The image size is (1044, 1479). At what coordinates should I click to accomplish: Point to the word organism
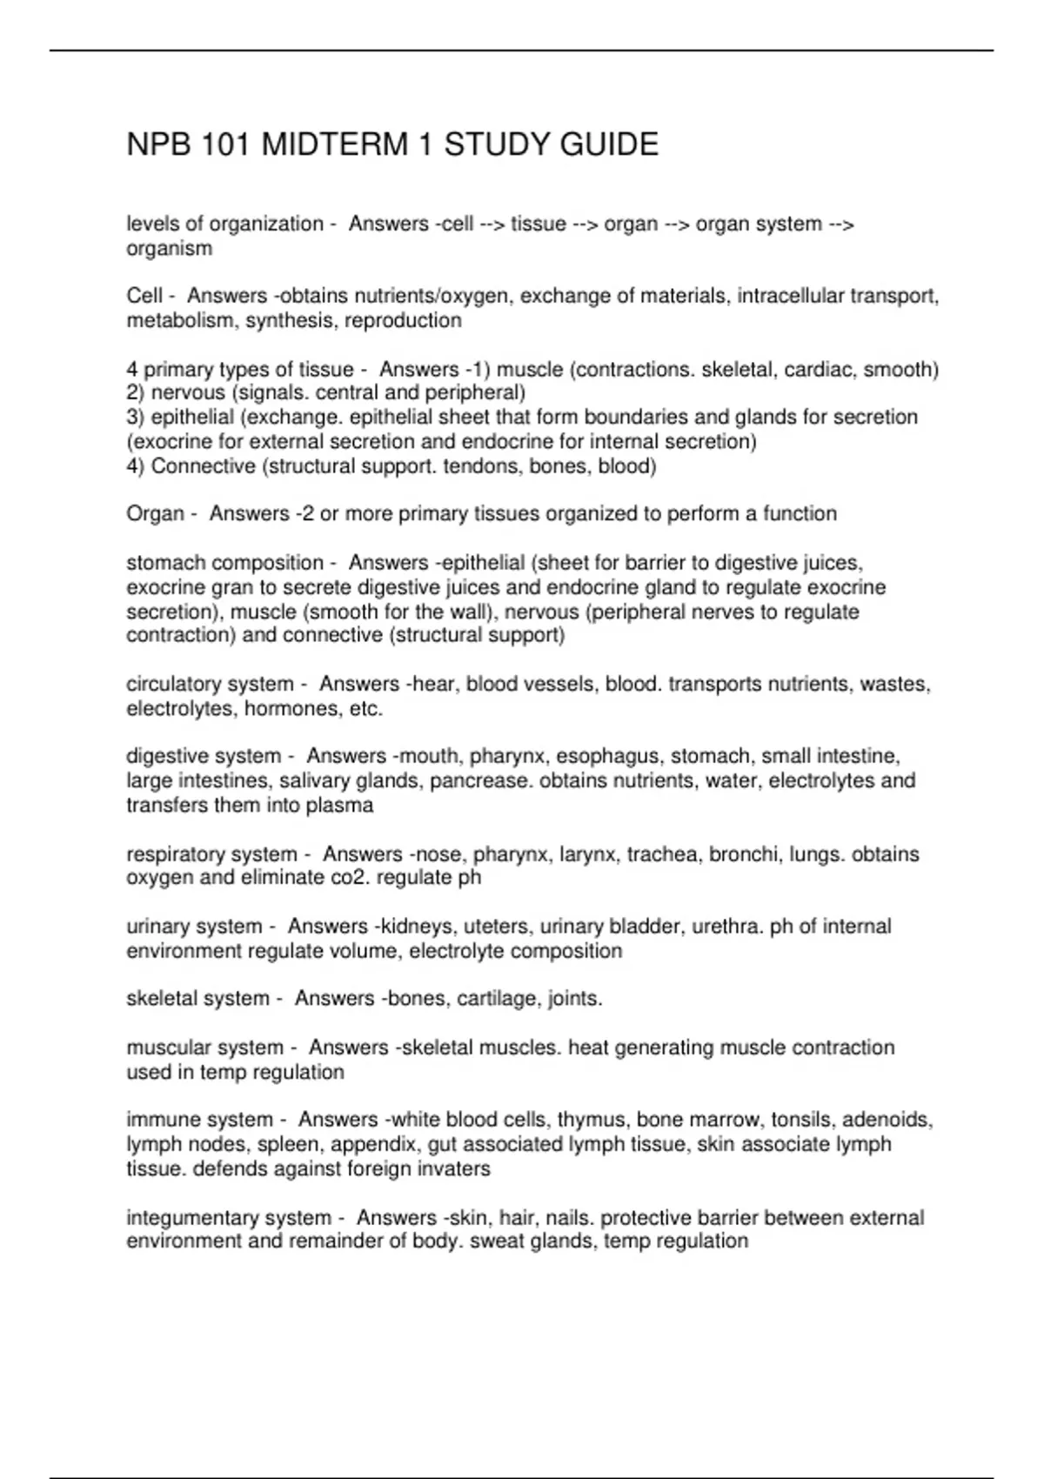click(170, 249)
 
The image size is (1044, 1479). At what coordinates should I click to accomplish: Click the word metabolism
click(182, 321)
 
